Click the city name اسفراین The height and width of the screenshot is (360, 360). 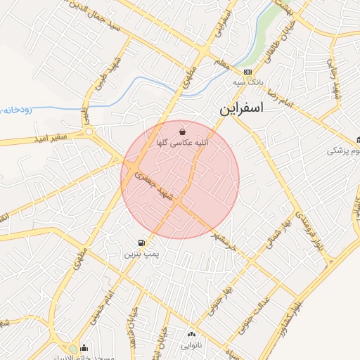coord(241,110)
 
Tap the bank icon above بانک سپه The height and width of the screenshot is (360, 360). coord(247,72)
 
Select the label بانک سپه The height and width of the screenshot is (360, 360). coord(249,82)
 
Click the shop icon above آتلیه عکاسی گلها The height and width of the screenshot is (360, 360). coord(183,131)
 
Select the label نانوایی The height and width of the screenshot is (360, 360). coord(191,345)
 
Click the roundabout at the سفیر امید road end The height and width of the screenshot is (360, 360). coord(89,131)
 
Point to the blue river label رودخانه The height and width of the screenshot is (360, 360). coord(14,110)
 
